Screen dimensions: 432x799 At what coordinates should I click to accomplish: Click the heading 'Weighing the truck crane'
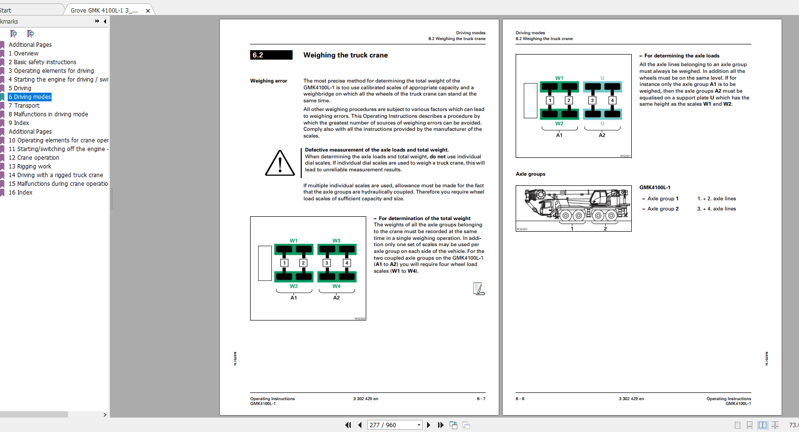[x=345, y=56]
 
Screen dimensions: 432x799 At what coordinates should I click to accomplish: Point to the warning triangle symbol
[x=280, y=163]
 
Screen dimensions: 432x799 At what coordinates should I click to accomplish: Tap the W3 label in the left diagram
[x=336, y=240]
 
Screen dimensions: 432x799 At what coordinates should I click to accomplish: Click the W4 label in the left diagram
[x=336, y=286]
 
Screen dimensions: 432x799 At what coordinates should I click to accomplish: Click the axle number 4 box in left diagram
[x=346, y=263]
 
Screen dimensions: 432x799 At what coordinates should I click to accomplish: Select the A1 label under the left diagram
[x=293, y=298]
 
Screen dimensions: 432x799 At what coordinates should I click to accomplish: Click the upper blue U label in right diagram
[x=602, y=78]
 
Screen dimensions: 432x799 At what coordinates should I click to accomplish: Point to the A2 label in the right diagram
[x=602, y=135]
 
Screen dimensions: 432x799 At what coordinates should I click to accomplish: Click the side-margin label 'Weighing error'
[x=268, y=81]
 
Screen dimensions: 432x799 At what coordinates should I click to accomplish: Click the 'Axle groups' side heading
[x=530, y=174]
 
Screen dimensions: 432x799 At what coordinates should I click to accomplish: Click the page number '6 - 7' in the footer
[x=481, y=399]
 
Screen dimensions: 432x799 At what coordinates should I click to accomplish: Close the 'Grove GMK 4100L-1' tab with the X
[x=148, y=11]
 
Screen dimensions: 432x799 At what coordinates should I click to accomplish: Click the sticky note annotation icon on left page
[x=478, y=289]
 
